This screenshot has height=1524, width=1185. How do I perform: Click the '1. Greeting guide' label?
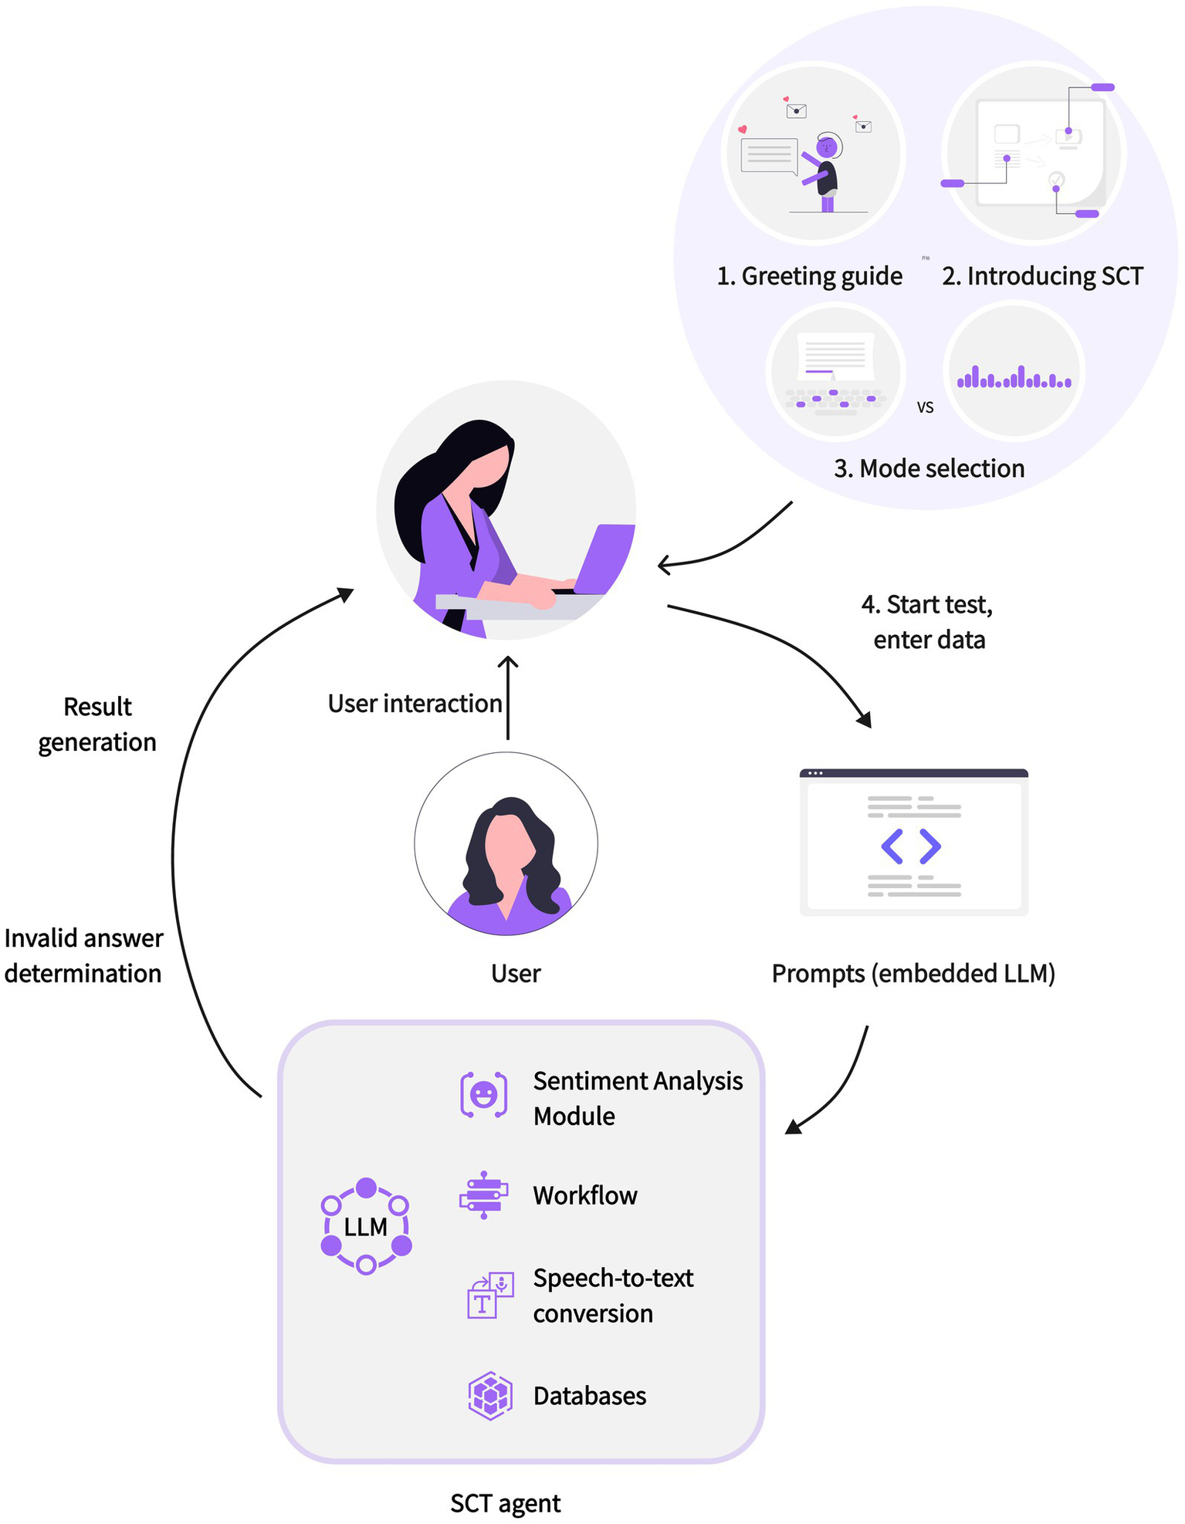[x=809, y=276]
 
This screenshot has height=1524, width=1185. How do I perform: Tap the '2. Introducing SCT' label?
[x=1042, y=276]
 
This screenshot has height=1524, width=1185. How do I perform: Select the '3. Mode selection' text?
[x=929, y=468]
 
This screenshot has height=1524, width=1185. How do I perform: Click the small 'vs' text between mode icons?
[x=925, y=407]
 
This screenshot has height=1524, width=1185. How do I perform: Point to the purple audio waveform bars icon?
[x=1014, y=377]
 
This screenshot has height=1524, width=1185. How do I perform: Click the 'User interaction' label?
[x=415, y=704]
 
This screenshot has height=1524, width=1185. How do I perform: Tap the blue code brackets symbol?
[x=911, y=846]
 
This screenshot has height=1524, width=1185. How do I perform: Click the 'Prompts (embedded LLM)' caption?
[x=913, y=974]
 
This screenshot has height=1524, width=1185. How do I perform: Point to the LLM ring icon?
[x=366, y=1226]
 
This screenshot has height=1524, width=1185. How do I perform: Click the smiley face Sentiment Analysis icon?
[x=484, y=1094]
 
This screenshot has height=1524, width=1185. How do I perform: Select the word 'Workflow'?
[x=585, y=1195]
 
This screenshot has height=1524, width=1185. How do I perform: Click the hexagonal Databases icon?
[x=490, y=1396]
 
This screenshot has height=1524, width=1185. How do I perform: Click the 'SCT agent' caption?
[x=506, y=1503]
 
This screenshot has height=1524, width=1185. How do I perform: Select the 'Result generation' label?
[x=97, y=725]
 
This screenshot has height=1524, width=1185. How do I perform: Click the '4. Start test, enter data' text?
[x=928, y=622]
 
